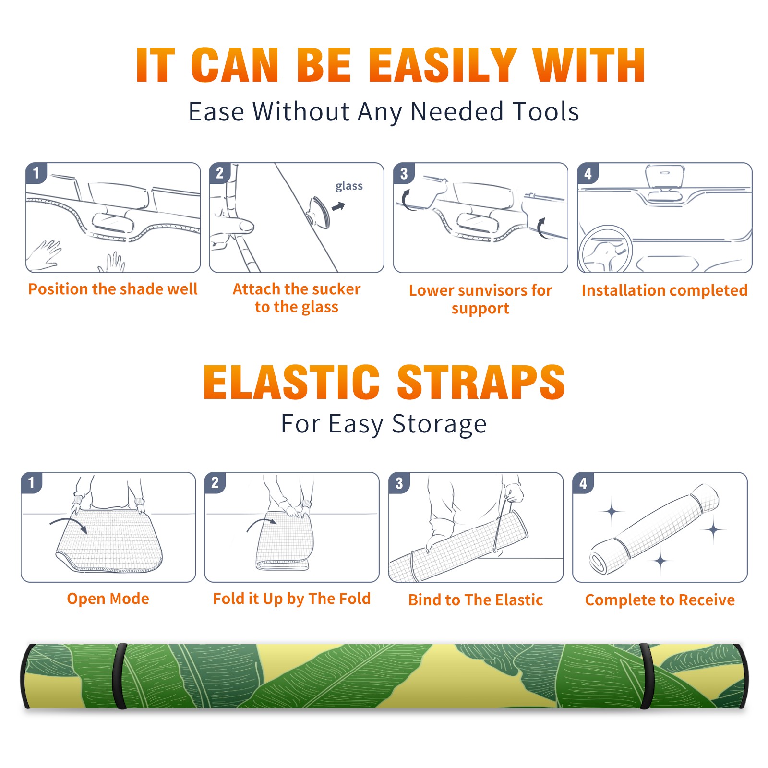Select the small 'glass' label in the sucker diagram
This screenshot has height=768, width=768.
point(349,186)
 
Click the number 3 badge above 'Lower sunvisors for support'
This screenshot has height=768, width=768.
point(404,173)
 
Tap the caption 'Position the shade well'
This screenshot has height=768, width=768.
point(113,289)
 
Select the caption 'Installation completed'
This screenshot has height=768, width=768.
point(664,290)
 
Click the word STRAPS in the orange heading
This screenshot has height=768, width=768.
point(481,382)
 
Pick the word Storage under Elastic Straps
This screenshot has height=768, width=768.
point(439,424)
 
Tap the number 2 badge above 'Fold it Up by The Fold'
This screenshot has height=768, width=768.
point(215,482)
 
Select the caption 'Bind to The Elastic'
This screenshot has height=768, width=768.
point(475,600)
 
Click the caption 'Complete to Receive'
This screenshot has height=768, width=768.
point(660,600)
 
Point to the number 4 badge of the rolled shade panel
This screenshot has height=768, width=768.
point(583,483)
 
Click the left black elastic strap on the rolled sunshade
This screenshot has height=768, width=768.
point(120,676)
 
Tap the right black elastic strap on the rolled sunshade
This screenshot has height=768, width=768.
point(647,676)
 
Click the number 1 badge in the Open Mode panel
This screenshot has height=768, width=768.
point(32,482)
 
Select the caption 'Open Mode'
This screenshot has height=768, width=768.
point(108,599)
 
